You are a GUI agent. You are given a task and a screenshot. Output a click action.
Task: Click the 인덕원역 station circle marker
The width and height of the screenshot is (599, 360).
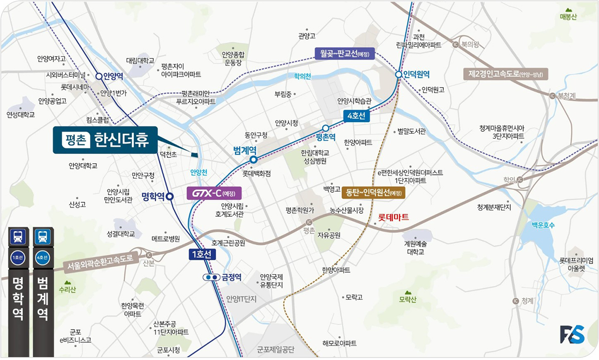tap(398, 74)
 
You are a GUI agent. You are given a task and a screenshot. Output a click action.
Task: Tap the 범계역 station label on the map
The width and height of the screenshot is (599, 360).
tap(245, 149)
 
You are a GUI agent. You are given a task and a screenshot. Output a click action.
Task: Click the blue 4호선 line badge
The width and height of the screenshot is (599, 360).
tap(355, 116)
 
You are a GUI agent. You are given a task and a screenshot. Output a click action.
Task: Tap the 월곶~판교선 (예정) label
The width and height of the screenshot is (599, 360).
tap(344, 53)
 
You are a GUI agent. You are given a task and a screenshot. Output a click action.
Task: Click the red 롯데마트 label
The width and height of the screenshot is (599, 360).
tap(393, 217)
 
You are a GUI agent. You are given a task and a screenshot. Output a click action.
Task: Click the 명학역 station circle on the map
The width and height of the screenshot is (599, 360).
tap(170, 196)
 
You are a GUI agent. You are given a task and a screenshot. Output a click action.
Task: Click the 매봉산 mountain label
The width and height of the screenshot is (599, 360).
tap(568, 17)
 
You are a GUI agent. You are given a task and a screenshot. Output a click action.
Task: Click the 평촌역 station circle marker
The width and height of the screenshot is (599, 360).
tap(325, 128)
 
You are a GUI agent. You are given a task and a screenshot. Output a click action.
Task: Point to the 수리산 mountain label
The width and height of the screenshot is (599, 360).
tap(67, 290)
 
